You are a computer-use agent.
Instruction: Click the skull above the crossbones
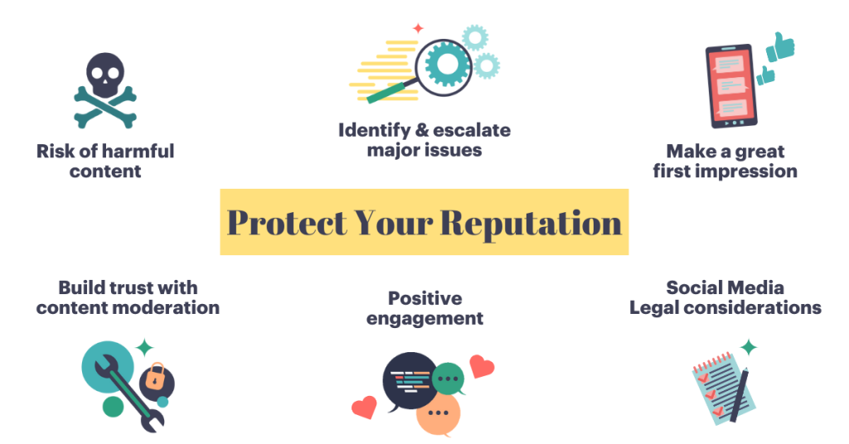(105, 75)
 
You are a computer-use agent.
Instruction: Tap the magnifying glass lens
(444, 67)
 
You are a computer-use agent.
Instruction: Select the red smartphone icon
(730, 86)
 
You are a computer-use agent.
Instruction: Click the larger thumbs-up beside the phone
(780, 47)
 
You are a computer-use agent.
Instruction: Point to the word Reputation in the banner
(531, 223)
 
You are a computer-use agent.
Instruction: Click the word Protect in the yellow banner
(287, 223)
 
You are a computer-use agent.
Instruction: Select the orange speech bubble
(438, 415)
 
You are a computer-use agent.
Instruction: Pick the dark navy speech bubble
(409, 381)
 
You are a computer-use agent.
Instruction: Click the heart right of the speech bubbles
(482, 365)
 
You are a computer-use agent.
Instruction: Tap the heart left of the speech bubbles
(365, 408)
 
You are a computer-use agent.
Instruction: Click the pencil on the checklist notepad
(740, 394)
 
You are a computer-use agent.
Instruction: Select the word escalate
(472, 130)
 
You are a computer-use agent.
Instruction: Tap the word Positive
(425, 298)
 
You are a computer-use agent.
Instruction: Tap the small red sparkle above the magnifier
(418, 28)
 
